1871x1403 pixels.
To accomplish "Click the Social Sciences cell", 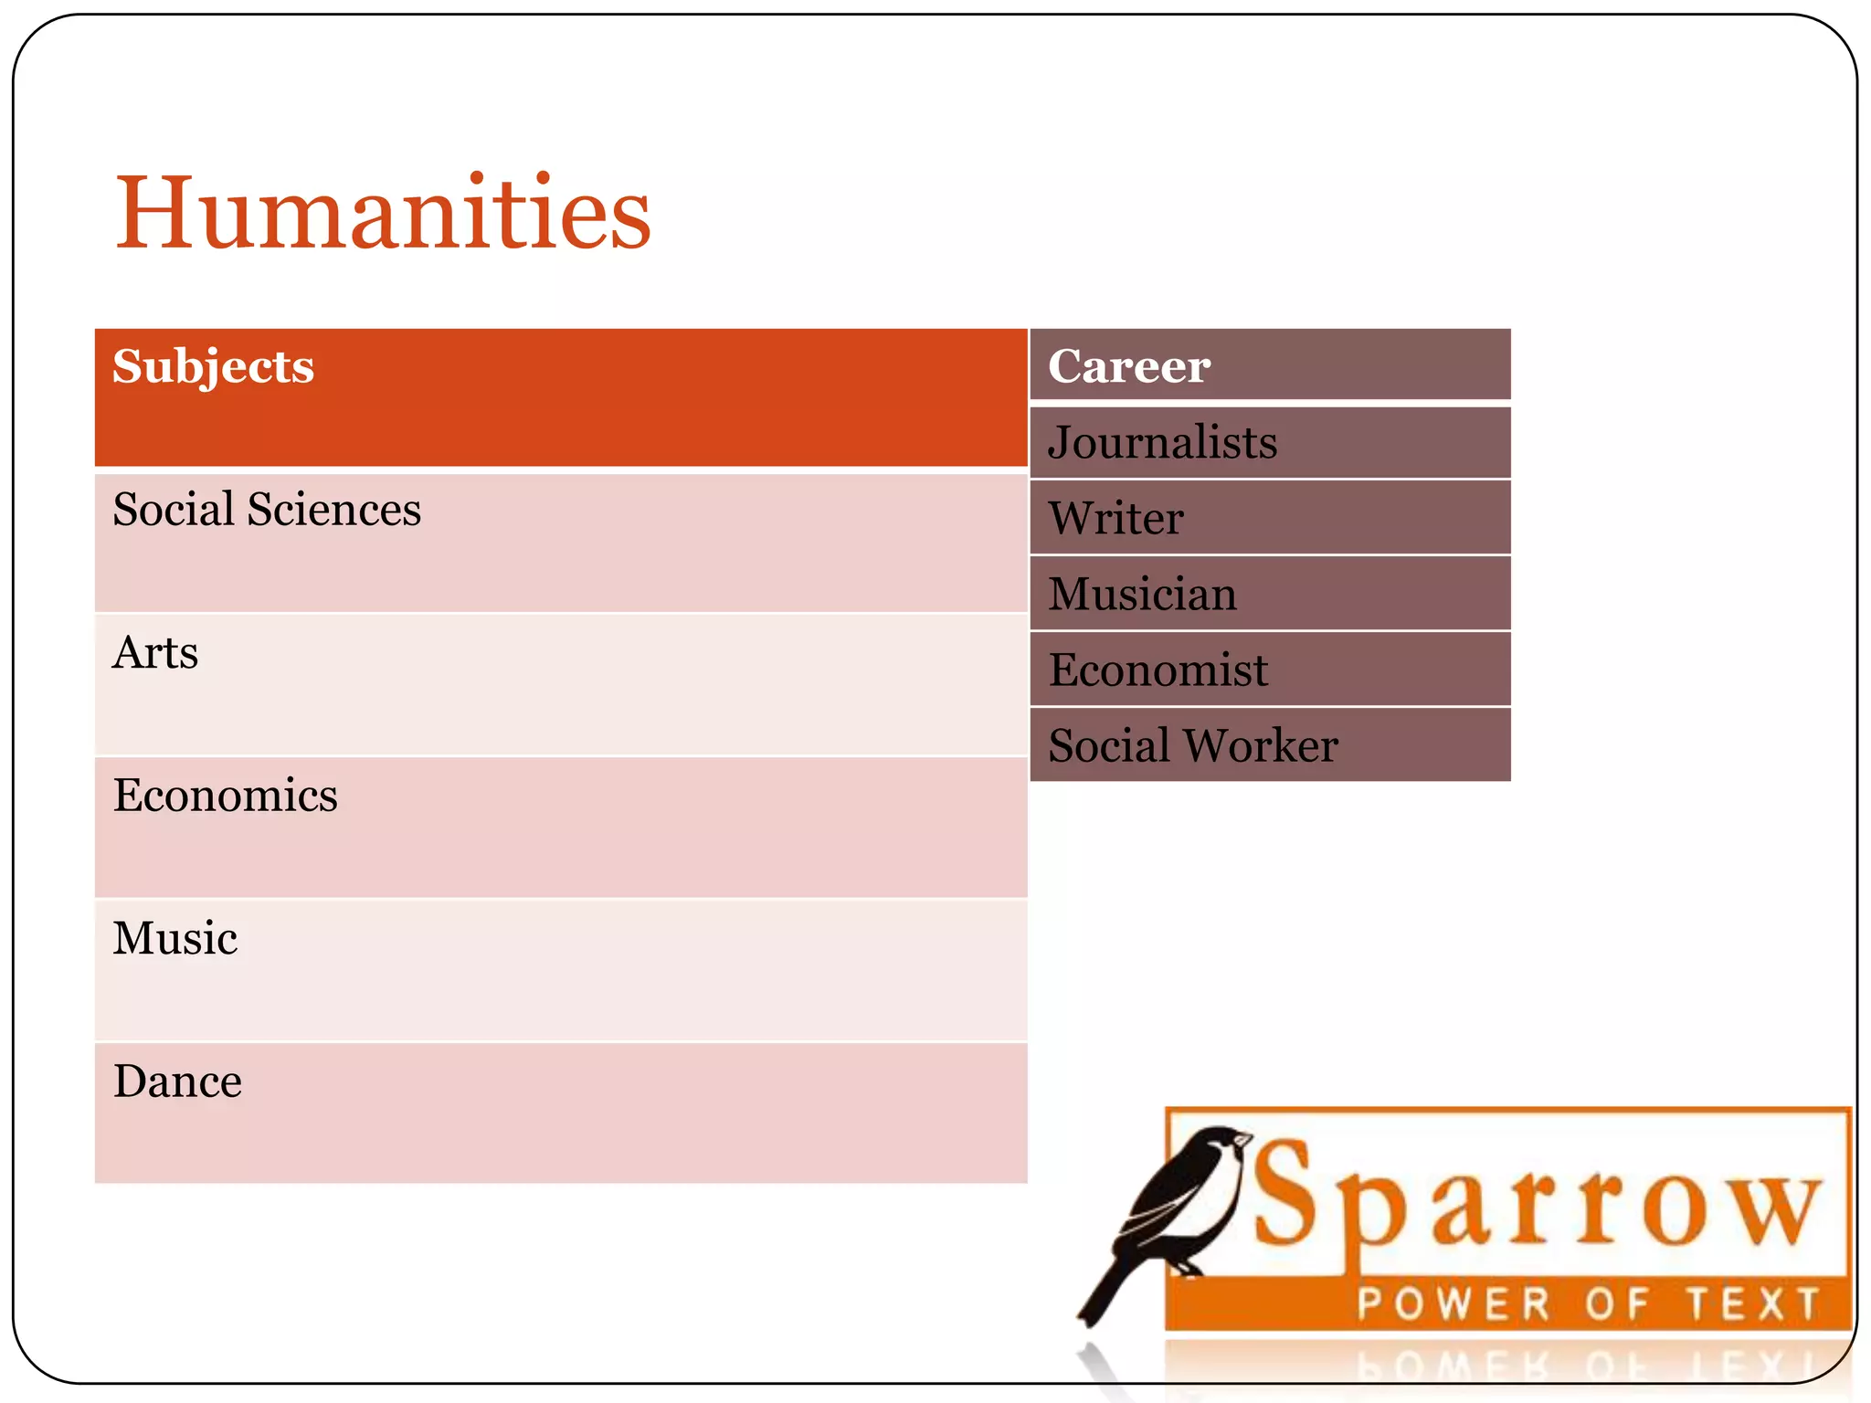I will click(x=560, y=542).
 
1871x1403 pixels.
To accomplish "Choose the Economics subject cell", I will click(x=560, y=826).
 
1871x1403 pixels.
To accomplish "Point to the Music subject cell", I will click(x=560, y=969).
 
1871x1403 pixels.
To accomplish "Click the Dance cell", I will click(x=560, y=1112).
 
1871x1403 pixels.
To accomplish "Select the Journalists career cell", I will click(x=1270, y=443).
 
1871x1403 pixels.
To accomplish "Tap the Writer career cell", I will click(x=1270, y=518).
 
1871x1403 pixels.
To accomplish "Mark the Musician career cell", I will click(x=1270, y=594).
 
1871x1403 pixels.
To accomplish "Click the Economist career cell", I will click(x=1270, y=670).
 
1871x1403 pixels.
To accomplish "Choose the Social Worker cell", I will click(x=1270, y=744).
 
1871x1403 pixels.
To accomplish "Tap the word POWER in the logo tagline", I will click(x=1453, y=1303).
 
